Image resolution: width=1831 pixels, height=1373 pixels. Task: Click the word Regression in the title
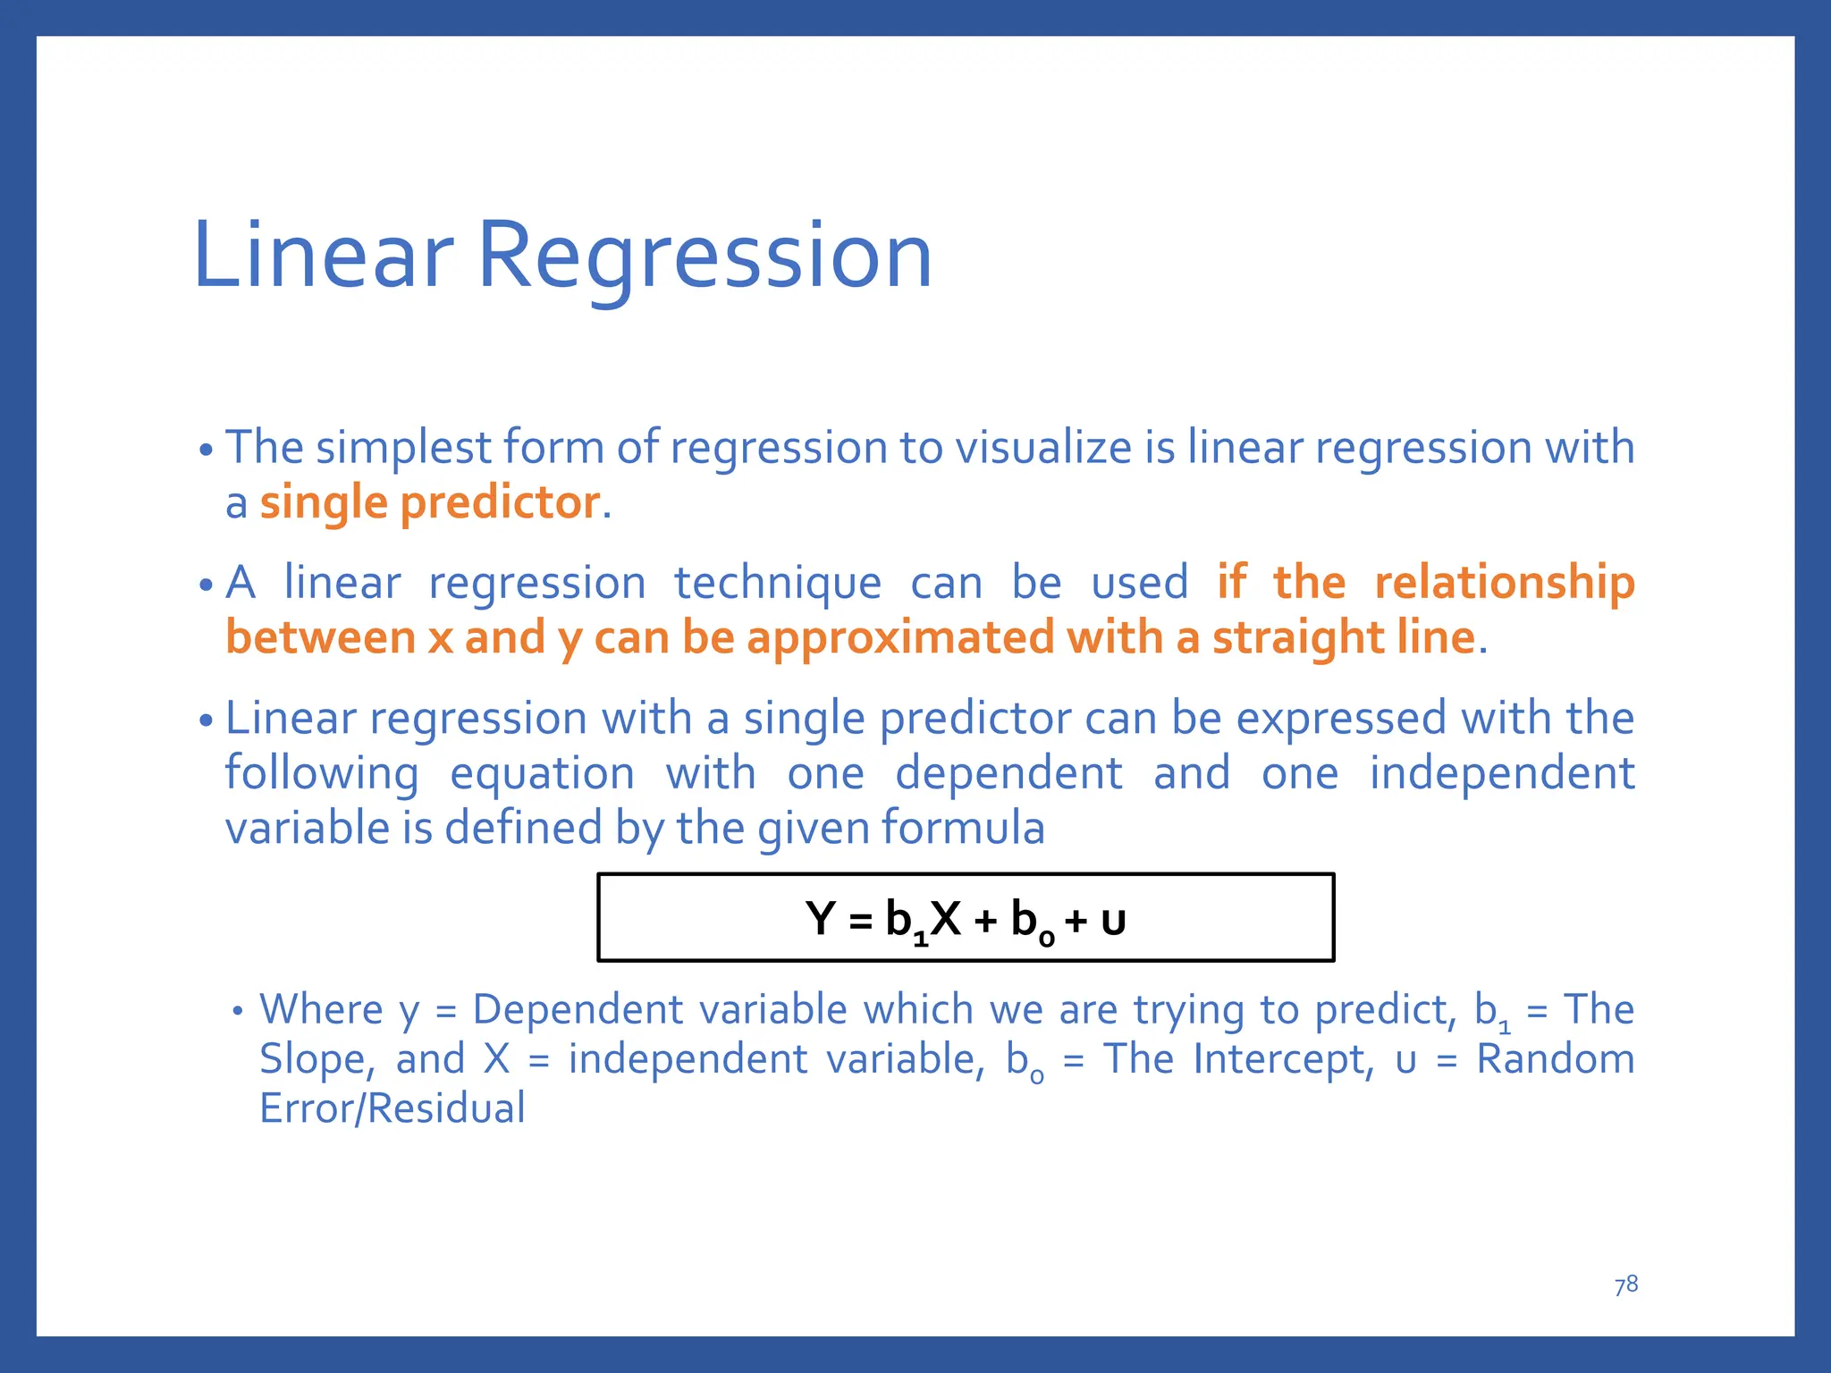[705, 257]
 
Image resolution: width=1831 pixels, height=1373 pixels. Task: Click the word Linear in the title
[322, 257]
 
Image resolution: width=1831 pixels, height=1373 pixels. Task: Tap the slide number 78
[1625, 1285]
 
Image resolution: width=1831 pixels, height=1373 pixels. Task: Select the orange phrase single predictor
[429, 503]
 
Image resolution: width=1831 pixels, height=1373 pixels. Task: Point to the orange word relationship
[1504, 583]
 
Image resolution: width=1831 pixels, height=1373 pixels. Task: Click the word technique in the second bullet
[777, 584]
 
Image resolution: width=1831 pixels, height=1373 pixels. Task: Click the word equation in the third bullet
[542, 773]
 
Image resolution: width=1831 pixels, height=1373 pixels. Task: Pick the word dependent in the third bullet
[1008, 773]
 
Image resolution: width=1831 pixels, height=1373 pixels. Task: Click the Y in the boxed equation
[820, 919]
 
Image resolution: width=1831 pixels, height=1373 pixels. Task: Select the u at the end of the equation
[1113, 922]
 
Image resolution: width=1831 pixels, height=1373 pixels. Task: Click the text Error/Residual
[392, 1109]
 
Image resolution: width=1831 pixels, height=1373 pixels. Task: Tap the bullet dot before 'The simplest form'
[207, 451]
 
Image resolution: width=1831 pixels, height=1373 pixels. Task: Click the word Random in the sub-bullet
[1555, 1059]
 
